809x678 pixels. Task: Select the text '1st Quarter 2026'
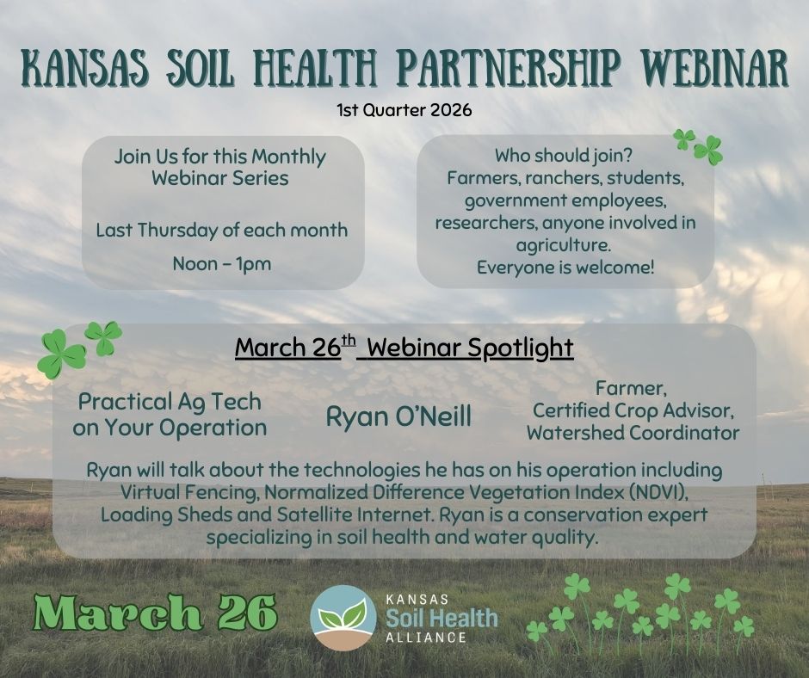[x=404, y=110]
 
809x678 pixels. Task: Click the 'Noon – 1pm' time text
[x=222, y=263]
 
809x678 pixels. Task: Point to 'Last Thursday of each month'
[x=222, y=231]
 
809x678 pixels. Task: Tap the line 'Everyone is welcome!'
[x=565, y=268]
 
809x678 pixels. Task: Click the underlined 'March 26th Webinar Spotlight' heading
[x=404, y=348]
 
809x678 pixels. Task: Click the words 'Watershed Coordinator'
[x=633, y=433]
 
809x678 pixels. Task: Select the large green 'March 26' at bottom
[x=155, y=613]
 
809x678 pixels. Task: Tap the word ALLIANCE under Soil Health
[x=427, y=638]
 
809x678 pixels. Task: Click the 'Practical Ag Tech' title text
[x=170, y=402]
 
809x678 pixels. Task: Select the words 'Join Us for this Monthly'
[x=220, y=157]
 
